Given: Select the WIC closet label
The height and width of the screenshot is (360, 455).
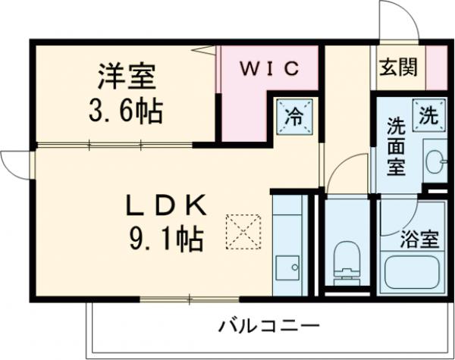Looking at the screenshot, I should pos(270,68).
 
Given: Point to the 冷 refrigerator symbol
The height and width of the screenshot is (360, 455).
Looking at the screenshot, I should pos(293,117).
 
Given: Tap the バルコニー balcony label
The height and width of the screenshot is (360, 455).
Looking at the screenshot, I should pos(269,327).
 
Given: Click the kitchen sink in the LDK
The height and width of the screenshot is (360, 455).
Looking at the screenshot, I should pos(287,267).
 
